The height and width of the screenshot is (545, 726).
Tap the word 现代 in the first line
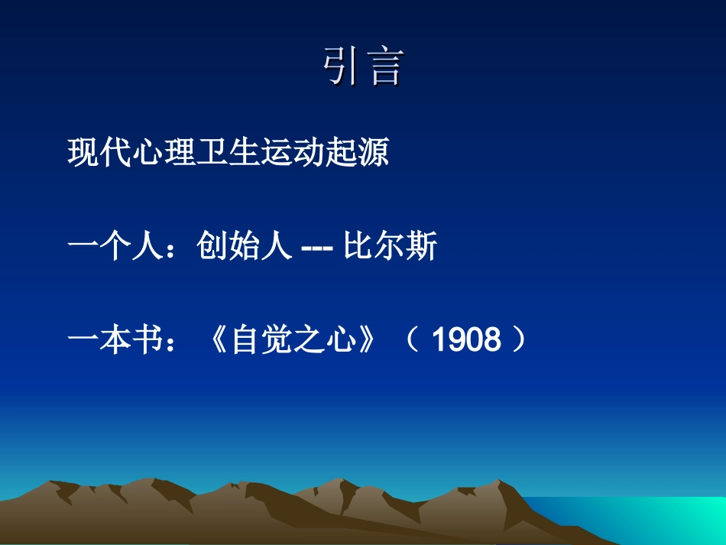point(99,152)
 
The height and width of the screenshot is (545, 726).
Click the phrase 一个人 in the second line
point(115,246)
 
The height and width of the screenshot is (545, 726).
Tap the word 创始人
point(244,246)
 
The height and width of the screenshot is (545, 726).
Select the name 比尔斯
point(390,246)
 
